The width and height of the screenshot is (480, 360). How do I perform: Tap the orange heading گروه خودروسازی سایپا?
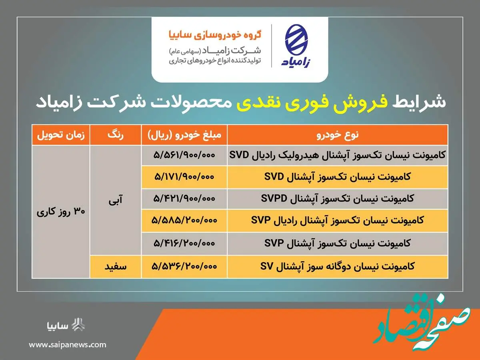[215, 35]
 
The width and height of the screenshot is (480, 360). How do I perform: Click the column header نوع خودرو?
[338, 135]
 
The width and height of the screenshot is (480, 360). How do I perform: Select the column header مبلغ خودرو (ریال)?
[184, 135]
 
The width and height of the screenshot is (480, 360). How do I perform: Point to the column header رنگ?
[116, 135]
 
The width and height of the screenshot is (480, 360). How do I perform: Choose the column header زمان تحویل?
[61, 135]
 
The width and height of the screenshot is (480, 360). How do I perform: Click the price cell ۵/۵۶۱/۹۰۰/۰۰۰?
[184, 155]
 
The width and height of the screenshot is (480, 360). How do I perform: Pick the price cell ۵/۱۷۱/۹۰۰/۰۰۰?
[184, 177]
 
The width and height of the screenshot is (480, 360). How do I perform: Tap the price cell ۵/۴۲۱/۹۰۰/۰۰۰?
[184, 198]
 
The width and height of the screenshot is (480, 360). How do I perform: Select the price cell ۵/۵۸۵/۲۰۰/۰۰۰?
[184, 220]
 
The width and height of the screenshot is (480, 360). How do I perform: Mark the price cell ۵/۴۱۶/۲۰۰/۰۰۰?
[184, 243]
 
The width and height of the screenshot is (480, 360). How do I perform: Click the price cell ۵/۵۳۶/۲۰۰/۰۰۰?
[184, 266]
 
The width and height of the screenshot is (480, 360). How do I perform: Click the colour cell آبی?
[116, 200]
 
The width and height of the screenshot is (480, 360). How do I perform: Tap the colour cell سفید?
[116, 266]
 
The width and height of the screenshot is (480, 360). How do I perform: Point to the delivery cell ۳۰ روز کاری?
[61, 212]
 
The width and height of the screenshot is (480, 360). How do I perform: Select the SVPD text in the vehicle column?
[274, 198]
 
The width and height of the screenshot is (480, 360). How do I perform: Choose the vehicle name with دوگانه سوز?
[338, 266]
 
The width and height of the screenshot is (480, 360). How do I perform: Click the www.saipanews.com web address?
[68, 345]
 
